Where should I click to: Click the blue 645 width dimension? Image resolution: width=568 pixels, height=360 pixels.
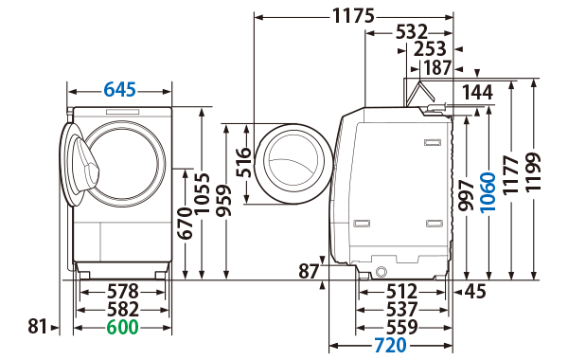[x=120, y=90]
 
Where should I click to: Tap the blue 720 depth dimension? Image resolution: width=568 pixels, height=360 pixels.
[x=389, y=345]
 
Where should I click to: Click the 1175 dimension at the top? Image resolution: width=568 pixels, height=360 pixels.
[x=353, y=16]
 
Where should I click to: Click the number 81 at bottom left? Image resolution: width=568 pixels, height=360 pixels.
[x=37, y=327]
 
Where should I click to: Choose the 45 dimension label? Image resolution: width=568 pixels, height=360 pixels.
[x=474, y=291]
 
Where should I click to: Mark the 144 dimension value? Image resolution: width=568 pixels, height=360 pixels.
[x=479, y=92]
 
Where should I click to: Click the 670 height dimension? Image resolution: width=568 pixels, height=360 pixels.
[x=186, y=224]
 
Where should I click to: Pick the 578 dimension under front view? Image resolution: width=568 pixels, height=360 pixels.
[x=120, y=291]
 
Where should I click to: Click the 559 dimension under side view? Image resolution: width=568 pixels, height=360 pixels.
[x=403, y=327]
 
